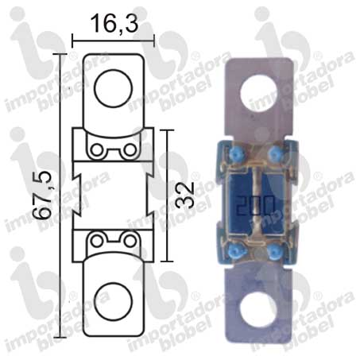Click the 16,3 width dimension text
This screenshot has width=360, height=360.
click(114, 24)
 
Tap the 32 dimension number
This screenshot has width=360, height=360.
click(185, 195)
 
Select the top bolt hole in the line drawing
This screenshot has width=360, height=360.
click(114, 88)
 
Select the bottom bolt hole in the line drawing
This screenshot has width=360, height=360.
click(114, 301)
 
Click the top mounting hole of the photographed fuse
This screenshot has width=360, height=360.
click(258, 93)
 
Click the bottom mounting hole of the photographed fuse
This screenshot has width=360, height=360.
click(257, 310)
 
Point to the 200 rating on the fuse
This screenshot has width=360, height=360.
click(255, 205)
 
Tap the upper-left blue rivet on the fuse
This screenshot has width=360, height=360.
click(234, 154)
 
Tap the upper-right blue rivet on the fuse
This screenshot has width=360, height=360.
click(273, 153)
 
